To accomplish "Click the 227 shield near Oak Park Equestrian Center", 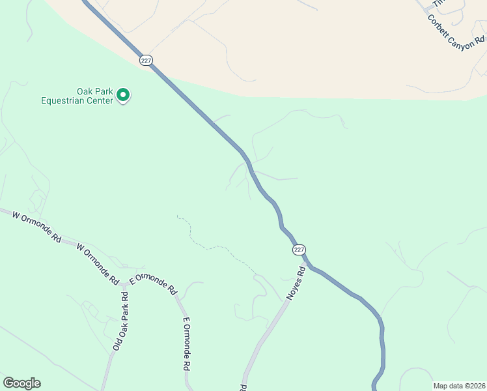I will point(145,59).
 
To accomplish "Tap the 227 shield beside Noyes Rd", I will point(298,250).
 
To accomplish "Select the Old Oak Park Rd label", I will point(121,321).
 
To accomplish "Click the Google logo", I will point(21,383).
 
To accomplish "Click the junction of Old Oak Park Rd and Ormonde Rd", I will point(124,285).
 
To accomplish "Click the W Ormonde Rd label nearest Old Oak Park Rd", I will point(98,265).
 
